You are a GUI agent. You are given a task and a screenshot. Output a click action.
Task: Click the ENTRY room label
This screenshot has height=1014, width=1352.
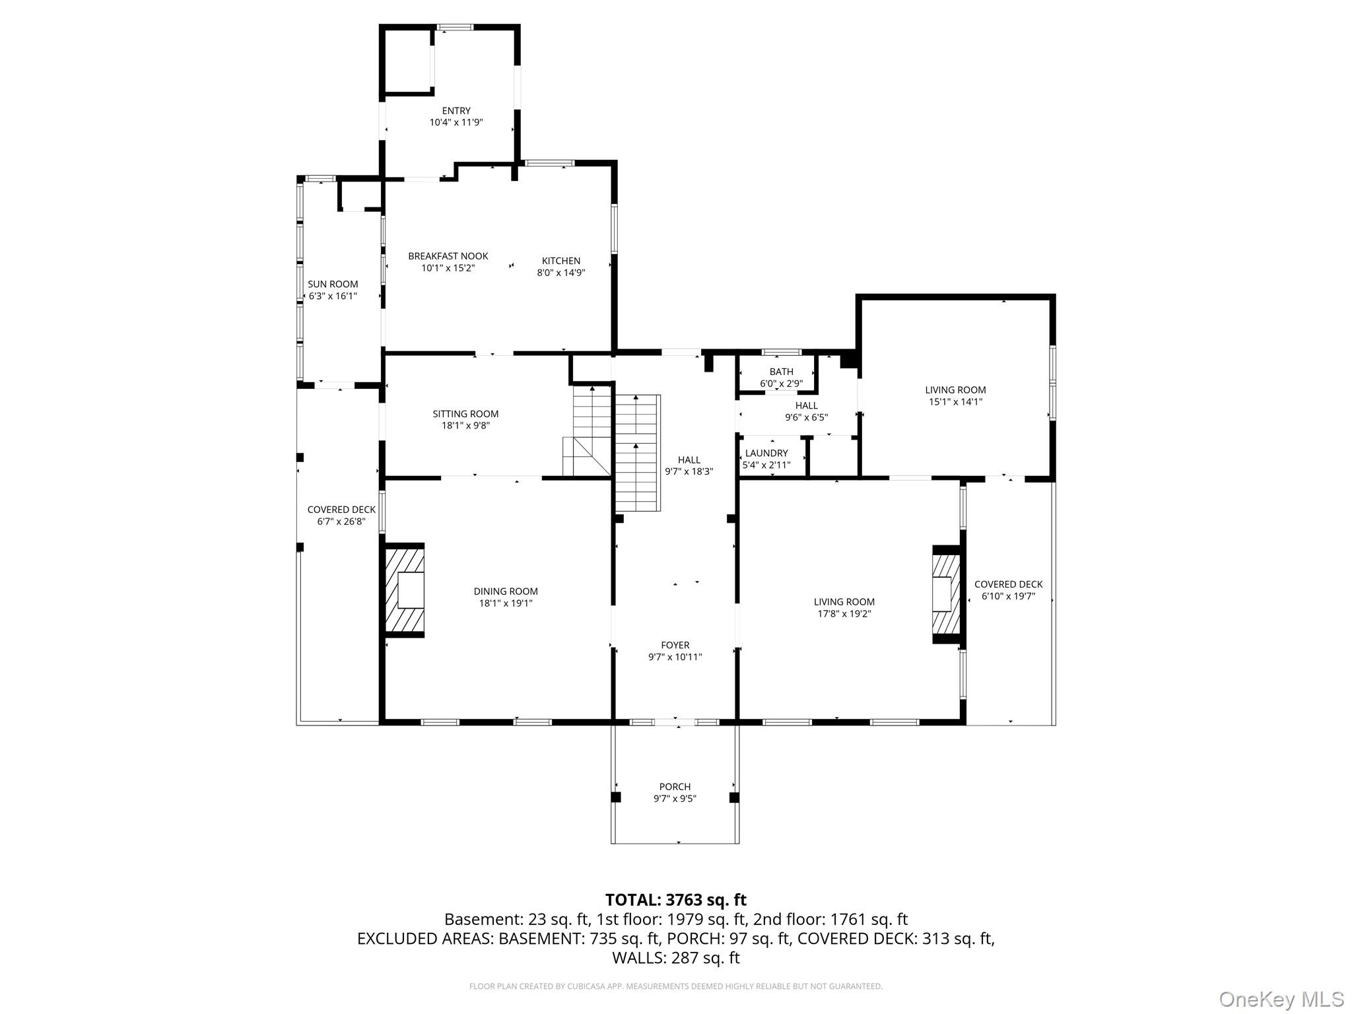pos(456,111)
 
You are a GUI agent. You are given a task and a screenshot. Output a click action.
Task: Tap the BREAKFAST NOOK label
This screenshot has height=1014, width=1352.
pos(448,256)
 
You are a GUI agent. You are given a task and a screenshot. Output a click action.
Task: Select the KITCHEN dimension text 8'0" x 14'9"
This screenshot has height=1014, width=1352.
pos(560,273)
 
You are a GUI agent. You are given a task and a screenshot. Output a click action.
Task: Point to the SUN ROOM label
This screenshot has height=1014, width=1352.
pos(333,285)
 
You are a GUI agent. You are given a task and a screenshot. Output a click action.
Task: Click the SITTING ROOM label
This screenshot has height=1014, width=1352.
pos(465,414)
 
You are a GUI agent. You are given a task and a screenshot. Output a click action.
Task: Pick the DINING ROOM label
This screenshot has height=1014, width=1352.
pos(506,591)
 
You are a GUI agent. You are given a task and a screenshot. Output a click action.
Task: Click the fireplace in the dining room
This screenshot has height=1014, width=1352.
pos(405,590)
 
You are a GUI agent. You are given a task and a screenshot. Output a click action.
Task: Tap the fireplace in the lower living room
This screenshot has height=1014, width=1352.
pos(945,593)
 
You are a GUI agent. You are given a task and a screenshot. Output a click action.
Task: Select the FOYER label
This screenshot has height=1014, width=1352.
pos(675,646)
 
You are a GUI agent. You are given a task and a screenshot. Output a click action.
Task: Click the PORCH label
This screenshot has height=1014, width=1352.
pos(675,787)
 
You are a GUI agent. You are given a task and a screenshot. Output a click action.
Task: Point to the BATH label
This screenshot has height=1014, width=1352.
pos(781,372)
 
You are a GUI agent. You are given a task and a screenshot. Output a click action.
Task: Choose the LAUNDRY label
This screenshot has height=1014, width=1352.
pos(766,454)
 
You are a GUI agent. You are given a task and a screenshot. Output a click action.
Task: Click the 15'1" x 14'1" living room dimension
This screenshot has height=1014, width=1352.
pos(955,402)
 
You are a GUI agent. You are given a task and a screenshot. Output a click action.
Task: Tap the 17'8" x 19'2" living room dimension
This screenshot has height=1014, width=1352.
pos(844,614)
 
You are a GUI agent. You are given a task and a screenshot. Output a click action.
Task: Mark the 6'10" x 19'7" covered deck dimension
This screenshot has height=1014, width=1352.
pos(1008,596)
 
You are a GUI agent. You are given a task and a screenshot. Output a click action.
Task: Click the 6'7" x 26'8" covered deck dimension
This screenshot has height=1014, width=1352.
pos(341,522)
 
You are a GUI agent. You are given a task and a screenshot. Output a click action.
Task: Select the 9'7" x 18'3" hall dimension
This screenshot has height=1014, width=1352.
pos(689,472)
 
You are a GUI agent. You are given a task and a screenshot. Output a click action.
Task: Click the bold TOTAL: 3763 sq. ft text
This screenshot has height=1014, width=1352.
pos(675,900)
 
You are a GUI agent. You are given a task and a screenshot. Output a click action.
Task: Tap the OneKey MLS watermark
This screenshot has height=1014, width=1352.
pos(1281,999)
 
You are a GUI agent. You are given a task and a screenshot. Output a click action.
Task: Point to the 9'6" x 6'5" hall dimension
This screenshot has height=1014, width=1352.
pos(806,418)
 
